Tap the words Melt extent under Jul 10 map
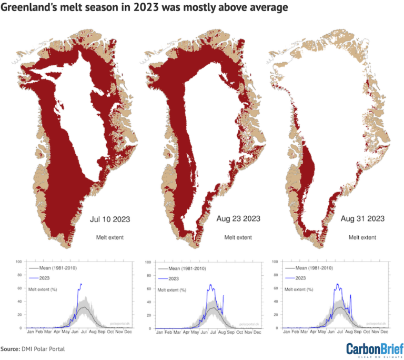[x=109, y=237]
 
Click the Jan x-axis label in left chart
[x=30, y=333]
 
